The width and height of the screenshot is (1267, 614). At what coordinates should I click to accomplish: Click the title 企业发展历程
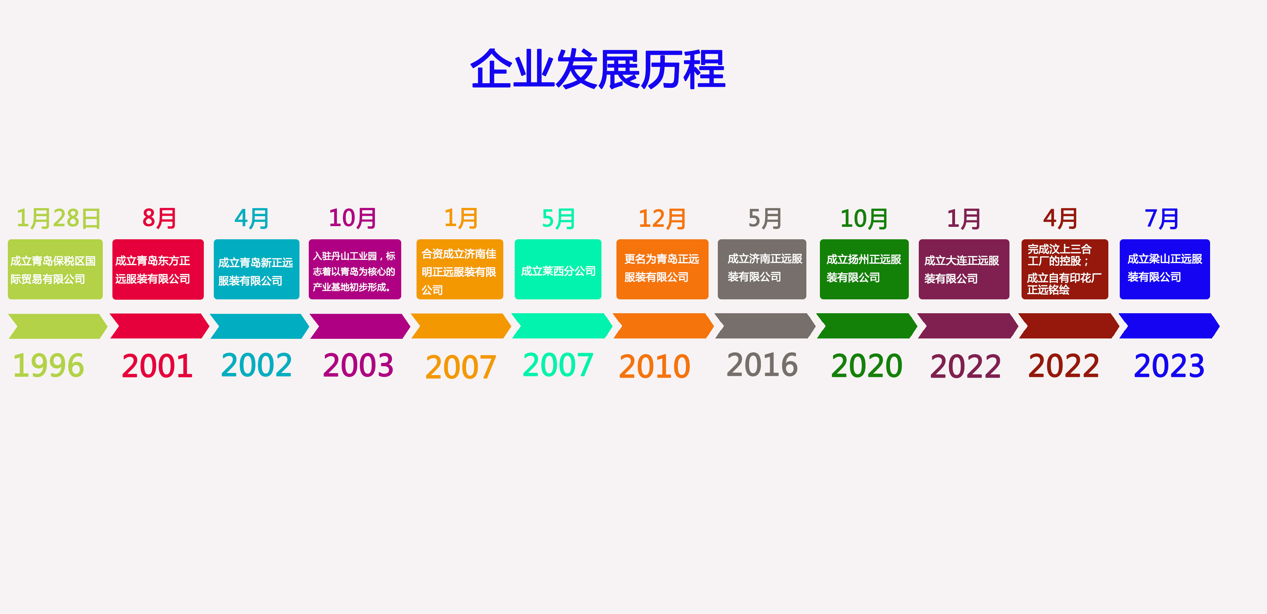598,69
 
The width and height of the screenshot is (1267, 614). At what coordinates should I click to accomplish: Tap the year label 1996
49,366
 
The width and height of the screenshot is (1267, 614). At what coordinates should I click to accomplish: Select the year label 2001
157,366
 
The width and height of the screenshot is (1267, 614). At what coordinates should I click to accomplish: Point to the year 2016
762,365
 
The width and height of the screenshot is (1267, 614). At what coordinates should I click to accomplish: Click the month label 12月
662,219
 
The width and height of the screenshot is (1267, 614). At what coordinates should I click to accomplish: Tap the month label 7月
1161,218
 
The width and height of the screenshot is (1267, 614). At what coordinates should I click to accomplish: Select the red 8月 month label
159,218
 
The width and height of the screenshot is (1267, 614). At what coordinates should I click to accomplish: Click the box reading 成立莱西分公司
558,269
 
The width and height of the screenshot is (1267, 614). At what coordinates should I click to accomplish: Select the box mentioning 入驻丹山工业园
355,269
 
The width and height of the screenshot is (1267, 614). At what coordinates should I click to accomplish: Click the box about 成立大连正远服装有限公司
964,269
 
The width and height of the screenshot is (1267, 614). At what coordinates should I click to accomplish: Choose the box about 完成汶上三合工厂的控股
1064,269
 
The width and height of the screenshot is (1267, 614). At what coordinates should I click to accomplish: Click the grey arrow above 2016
764,326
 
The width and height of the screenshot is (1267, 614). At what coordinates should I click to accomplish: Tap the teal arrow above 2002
259,326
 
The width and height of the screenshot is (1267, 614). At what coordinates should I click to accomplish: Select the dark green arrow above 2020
866,326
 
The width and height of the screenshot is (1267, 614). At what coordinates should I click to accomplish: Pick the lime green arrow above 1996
58,326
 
